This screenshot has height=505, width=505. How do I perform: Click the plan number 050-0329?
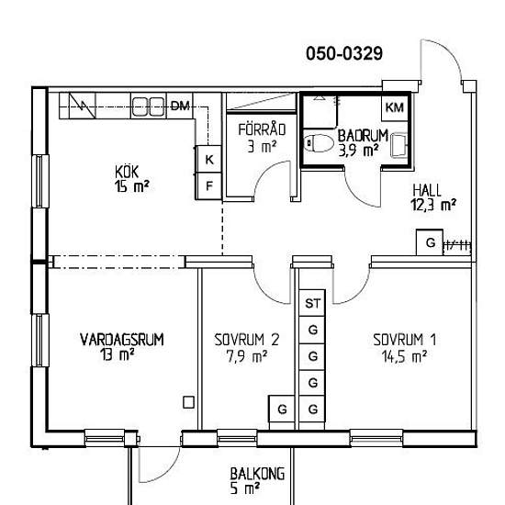point(344,53)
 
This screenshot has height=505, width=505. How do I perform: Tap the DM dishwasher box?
point(180,106)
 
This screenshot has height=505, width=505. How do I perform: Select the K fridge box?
point(209,159)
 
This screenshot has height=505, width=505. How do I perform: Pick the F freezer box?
point(209,185)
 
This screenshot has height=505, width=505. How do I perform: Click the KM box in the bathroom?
point(395,107)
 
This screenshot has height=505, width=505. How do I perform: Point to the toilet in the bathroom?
point(319,143)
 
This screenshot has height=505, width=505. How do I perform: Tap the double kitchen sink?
point(148,107)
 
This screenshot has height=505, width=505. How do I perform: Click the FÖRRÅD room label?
point(262,129)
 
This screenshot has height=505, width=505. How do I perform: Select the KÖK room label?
point(127,172)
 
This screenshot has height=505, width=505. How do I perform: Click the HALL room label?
point(427,190)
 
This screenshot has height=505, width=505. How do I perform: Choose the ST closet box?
point(312,303)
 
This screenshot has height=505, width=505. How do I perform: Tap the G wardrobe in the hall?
point(430,242)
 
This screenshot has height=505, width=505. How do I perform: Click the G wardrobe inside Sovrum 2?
point(282,410)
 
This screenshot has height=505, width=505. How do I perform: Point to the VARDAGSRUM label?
point(122,340)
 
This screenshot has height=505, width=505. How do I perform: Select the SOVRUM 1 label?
point(405,340)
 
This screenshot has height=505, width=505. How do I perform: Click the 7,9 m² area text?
point(247,356)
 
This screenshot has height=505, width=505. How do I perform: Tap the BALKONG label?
point(257,474)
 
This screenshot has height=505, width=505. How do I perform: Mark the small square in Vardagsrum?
point(188,402)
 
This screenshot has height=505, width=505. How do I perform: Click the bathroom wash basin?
point(399,147)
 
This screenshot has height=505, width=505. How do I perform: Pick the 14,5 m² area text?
point(405,357)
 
